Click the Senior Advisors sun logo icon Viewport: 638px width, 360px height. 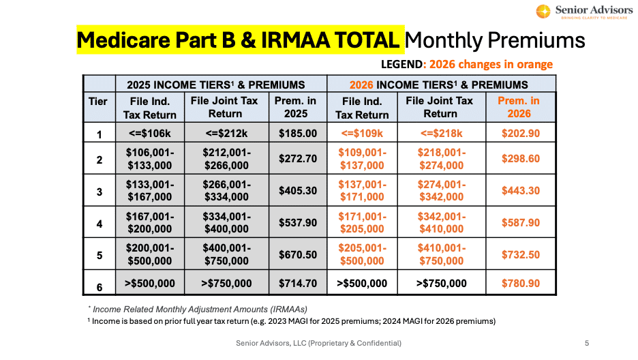pos(543,12)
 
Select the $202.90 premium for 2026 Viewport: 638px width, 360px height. pos(521,133)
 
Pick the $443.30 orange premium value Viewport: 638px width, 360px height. pos(521,190)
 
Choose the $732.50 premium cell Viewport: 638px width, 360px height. pos(521,254)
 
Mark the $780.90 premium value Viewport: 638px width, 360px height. pos(521,283)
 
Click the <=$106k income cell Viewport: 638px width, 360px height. pos(150,133)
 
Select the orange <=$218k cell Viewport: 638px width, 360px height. pos(440,133)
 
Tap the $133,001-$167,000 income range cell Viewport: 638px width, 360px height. pos(150,190)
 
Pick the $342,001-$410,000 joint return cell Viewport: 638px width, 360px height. pos(440,222)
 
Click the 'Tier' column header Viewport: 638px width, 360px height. pos(98,102)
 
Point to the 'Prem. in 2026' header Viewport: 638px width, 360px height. pos(521,107)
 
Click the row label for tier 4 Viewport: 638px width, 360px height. pos(99,223)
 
